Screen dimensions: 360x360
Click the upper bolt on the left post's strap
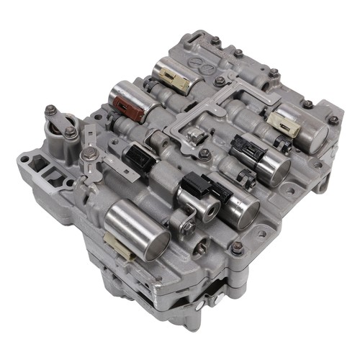(x=52, y=111)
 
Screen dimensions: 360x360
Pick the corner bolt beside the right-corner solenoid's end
(x=333, y=120)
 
